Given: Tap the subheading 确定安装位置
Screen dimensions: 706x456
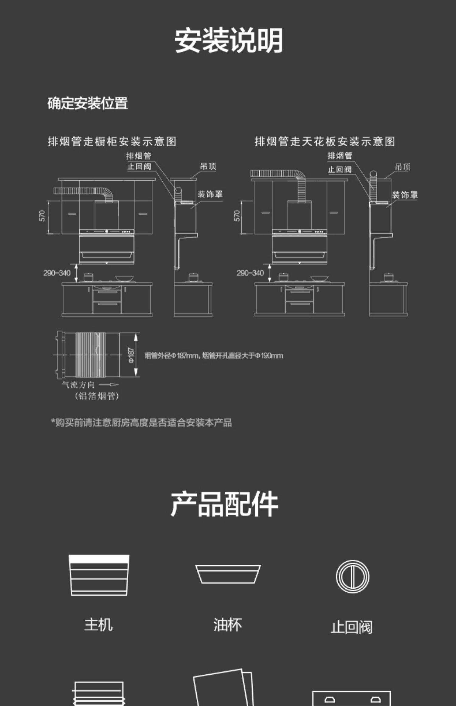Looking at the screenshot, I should tap(88, 103).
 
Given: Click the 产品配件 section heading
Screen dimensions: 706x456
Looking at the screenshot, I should tap(224, 504).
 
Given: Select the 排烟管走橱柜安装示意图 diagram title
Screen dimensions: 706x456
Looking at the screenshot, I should tap(112, 141).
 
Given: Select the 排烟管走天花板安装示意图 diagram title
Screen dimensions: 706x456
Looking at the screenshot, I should tap(325, 141).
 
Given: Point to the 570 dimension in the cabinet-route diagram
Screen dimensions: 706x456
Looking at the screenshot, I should tap(42, 216).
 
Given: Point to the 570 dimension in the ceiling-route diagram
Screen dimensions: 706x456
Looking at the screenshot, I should tap(237, 216).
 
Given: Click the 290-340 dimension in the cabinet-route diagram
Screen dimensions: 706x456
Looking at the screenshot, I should tap(57, 273).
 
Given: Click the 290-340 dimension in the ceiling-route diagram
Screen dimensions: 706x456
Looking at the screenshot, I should tap(250, 273).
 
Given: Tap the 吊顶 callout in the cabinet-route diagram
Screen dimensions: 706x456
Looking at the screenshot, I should tap(208, 166).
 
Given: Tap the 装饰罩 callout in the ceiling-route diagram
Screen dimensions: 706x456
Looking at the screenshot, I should tap(405, 195).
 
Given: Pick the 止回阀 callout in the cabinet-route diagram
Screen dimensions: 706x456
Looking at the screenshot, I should tap(139, 167).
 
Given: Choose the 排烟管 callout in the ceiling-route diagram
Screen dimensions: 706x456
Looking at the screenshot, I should tap(340, 156).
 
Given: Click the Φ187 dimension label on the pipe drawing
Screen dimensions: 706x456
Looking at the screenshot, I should tap(131, 355).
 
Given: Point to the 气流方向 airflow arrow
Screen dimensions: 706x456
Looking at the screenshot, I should tap(109, 385).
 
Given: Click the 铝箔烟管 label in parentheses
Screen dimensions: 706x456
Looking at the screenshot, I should tap(97, 396).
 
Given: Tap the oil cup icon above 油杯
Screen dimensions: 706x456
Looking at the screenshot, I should tap(228, 574).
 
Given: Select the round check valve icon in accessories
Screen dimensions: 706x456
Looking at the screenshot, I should tap(352, 577).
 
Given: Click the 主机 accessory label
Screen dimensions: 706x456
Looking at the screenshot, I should tap(98, 625).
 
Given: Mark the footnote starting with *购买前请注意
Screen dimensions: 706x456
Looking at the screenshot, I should tap(142, 423).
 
